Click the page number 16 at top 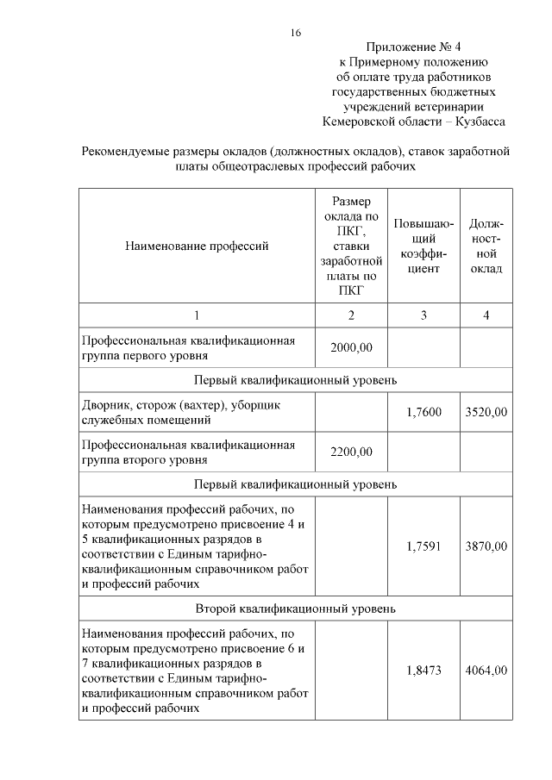[295, 33]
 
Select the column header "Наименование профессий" [197, 246]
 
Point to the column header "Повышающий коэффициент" [423, 246]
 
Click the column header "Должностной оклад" [486, 246]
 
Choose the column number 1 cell [197, 315]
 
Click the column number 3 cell [423, 315]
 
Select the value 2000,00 [351, 347]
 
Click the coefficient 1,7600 [423, 413]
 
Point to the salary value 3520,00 [486, 413]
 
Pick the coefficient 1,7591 [423, 546]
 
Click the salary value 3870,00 [486, 546]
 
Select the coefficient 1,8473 [423, 670]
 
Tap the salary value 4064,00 [486, 670]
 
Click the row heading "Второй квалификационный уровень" [295, 608]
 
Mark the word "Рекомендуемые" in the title [125, 152]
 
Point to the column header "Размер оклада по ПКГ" [351, 246]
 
